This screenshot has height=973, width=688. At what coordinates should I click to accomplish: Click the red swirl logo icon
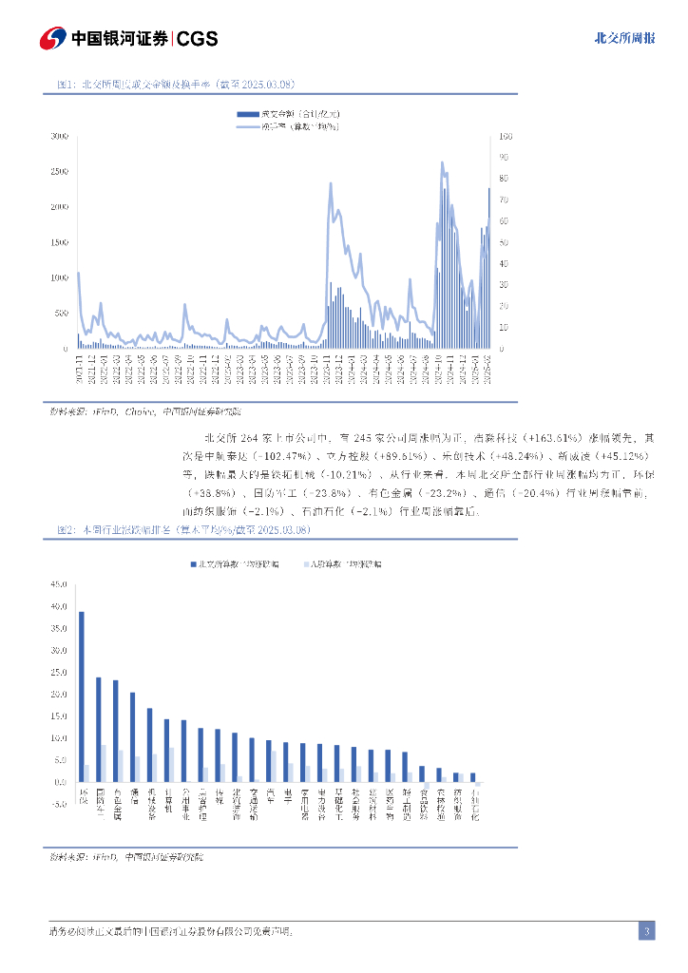click(x=52, y=38)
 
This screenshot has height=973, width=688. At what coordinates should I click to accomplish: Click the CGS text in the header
click(x=197, y=38)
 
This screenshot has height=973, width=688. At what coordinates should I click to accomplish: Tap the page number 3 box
click(x=646, y=931)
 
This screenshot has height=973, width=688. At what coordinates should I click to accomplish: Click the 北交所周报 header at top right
click(x=623, y=38)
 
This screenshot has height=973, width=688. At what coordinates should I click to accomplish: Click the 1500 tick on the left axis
click(x=59, y=242)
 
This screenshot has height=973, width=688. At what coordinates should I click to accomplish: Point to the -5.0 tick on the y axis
click(x=58, y=804)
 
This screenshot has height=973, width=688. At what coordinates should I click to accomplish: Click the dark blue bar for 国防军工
click(x=98, y=730)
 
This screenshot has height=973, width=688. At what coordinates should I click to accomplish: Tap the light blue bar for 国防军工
click(x=104, y=763)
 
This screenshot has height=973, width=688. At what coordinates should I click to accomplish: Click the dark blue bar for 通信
click(x=132, y=737)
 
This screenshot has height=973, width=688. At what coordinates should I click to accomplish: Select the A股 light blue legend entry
click(x=342, y=563)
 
